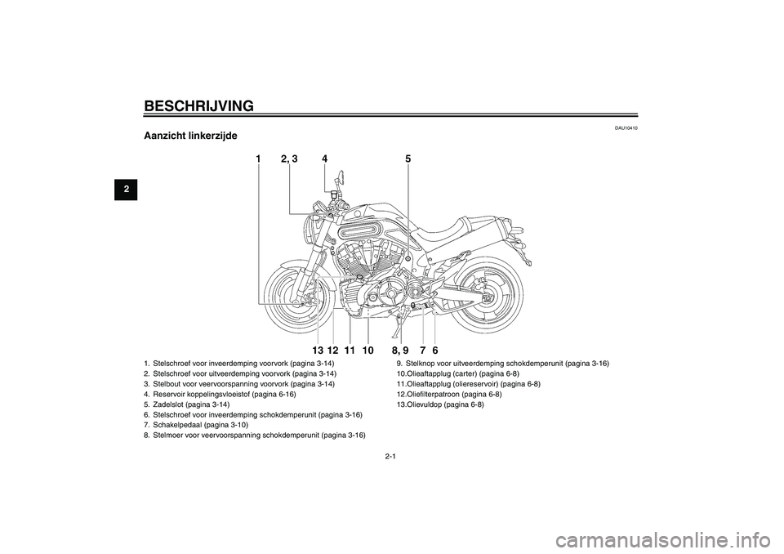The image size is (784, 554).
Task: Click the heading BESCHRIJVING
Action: click(198, 106)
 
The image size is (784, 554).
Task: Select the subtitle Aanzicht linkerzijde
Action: click(190, 136)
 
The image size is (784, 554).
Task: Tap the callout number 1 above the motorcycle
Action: click(258, 159)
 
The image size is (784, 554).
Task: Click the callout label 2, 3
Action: click(289, 159)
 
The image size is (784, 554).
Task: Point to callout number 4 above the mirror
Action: click(324, 159)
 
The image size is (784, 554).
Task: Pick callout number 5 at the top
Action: click(408, 159)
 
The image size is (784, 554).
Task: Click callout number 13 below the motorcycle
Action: click(318, 351)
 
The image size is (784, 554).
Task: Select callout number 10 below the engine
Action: click(367, 351)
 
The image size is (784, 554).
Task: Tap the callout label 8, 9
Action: click(400, 351)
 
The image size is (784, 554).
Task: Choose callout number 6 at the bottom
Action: click(435, 351)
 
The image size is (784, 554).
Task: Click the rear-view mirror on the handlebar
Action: click(340, 176)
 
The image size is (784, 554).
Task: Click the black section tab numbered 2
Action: click(126, 189)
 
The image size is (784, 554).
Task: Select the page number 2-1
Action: click(391, 456)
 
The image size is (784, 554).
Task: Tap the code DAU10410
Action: click(626, 128)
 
